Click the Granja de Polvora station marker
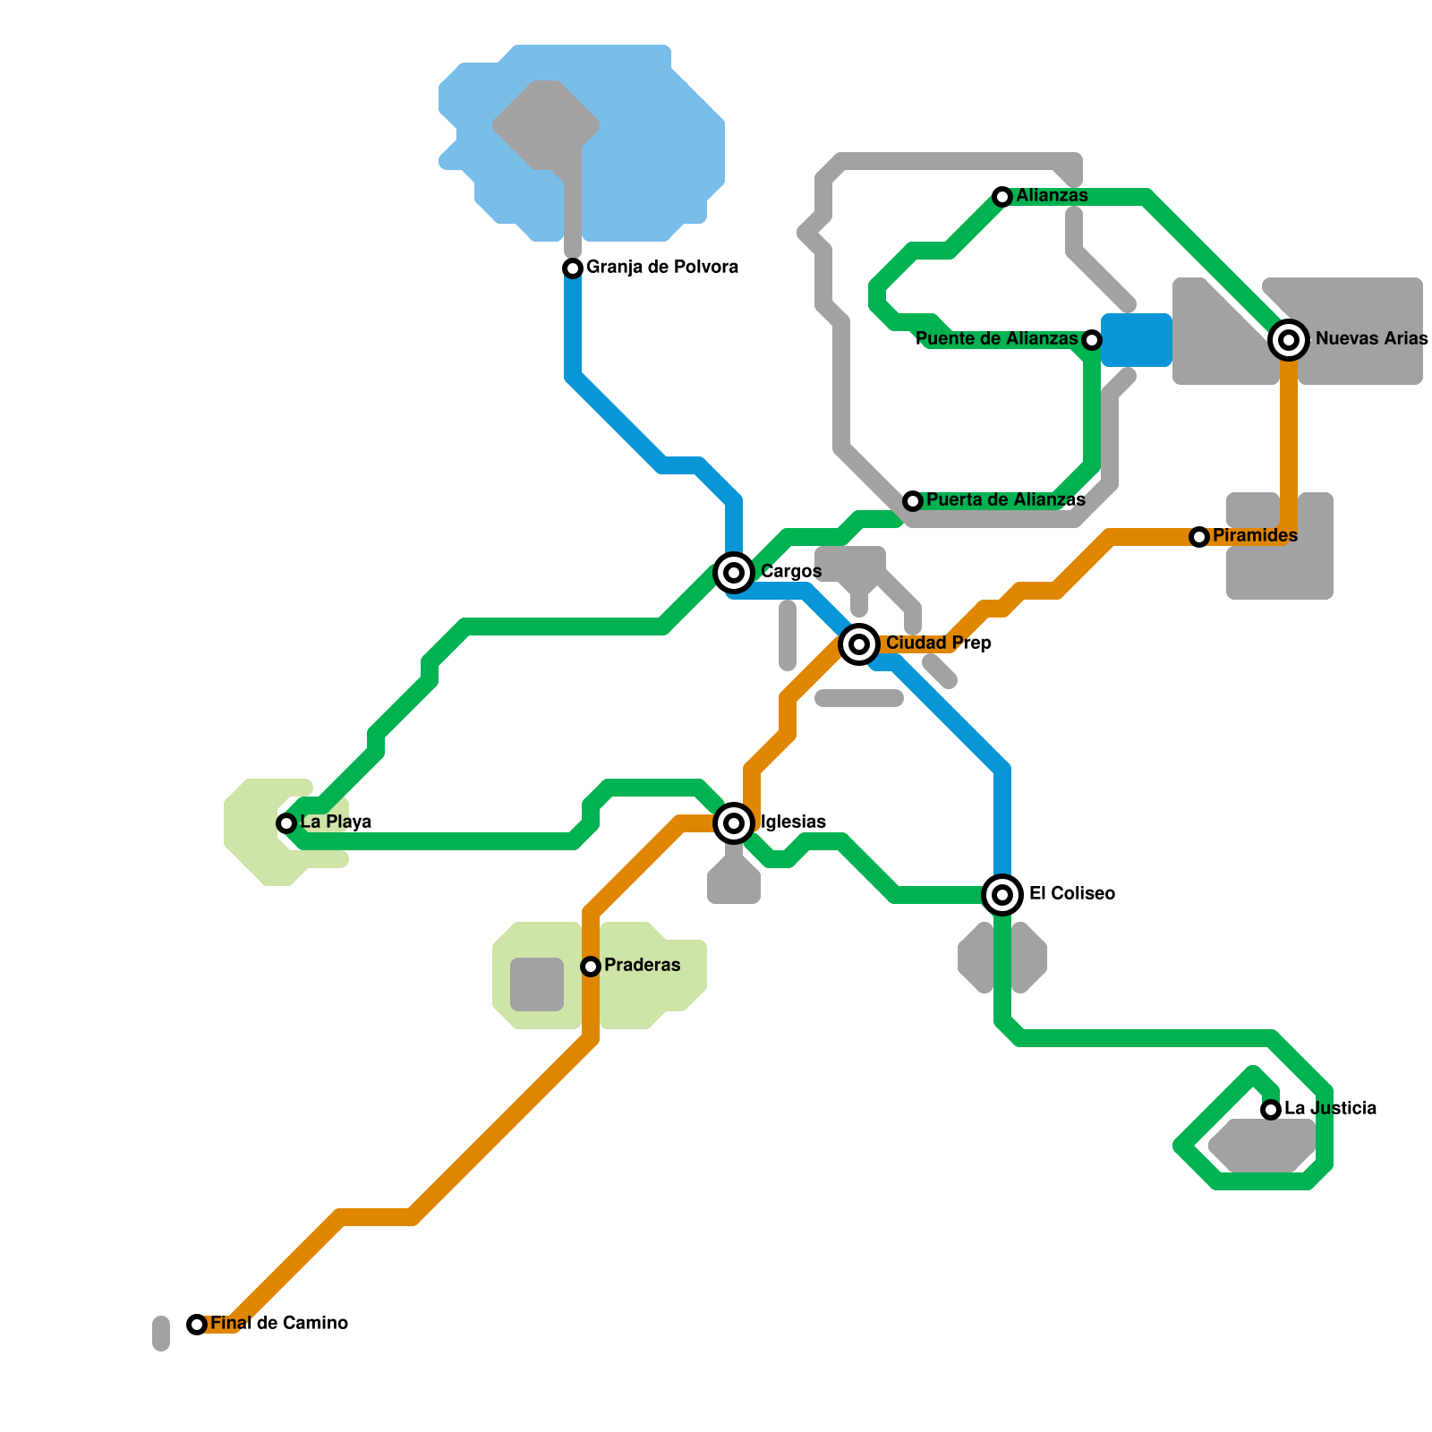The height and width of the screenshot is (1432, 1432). click(x=573, y=268)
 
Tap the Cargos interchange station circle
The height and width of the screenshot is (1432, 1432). click(x=734, y=572)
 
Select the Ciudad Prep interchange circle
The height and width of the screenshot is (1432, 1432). click(x=859, y=643)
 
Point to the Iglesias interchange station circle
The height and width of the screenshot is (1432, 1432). click(x=734, y=823)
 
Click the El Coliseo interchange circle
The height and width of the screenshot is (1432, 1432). click(x=1002, y=894)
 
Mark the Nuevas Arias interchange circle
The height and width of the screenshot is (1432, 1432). click(x=1289, y=339)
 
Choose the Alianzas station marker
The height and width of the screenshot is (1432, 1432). click(x=1002, y=196)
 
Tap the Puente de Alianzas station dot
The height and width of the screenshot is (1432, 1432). click(x=1091, y=339)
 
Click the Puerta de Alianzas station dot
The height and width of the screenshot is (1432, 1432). click(x=912, y=500)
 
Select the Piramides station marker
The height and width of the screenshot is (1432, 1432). click(x=1199, y=536)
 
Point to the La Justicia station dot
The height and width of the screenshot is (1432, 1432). click(x=1271, y=1109)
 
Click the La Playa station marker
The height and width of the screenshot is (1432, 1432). click(x=286, y=823)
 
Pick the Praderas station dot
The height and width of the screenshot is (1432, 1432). click(x=591, y=966)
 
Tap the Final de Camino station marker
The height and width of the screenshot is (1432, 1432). click(x=197, y=1324)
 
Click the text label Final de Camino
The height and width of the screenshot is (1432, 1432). click(x=279, y=1323)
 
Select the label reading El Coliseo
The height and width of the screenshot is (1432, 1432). click(x=1072, y=893)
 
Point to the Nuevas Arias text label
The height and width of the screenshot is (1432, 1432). click(x=1371, y=338)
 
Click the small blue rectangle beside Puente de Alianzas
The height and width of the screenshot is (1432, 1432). click(x=1137, y=340)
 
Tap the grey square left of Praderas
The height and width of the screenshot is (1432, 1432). click(x=537, y=984)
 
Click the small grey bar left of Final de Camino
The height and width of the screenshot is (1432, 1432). click(x=161, y=1333)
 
